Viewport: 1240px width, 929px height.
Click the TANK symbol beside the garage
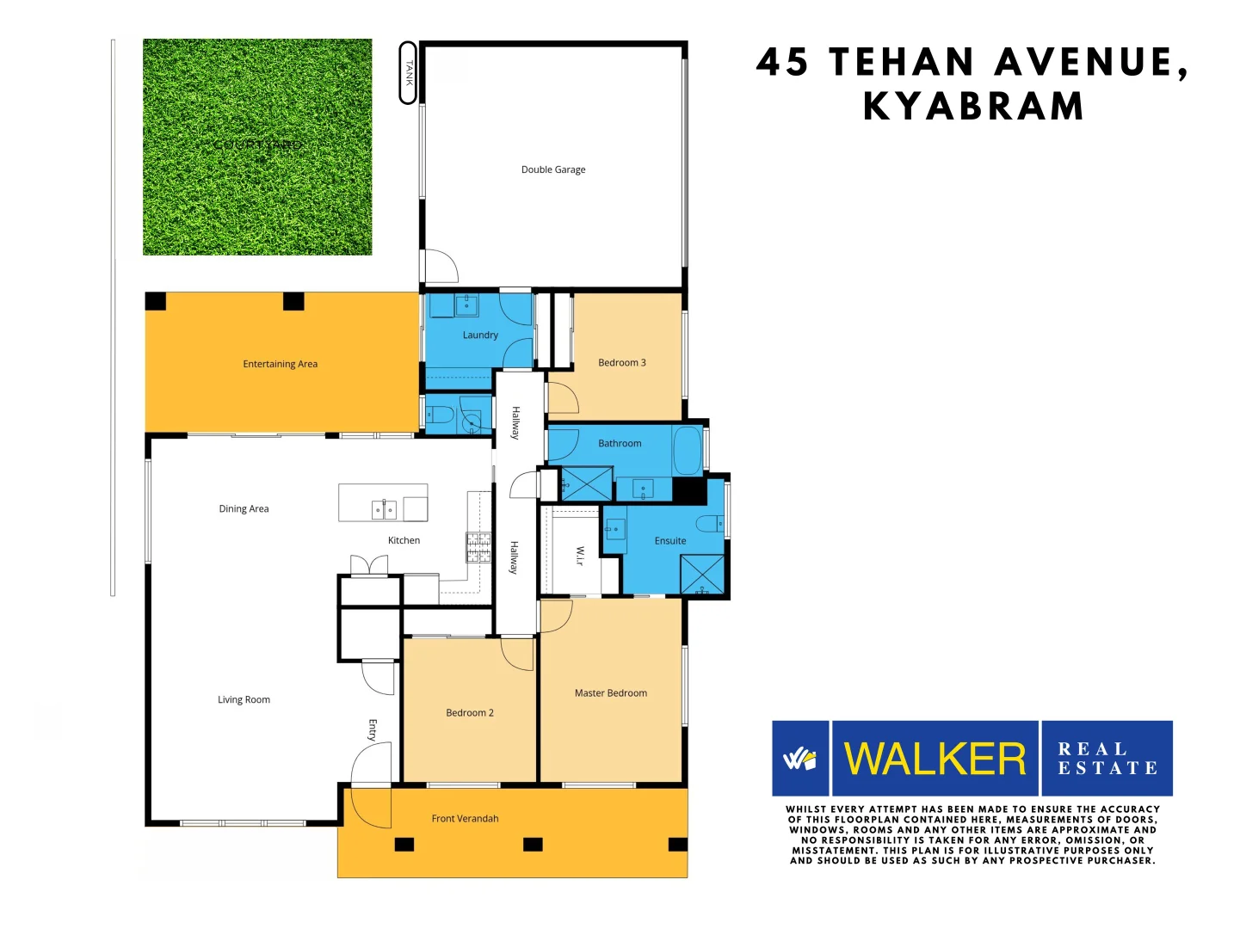[x=409, y=73]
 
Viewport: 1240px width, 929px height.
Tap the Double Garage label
[x=552, y=169]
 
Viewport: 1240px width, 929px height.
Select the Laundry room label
[x=480, y=335]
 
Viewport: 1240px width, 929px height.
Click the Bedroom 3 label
[x=621, y=363]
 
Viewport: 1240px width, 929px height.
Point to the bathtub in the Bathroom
[x=688, y=450]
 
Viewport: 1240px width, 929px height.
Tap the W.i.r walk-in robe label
[x=579, y=556]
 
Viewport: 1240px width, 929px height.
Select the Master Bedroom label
[x=610, y=693]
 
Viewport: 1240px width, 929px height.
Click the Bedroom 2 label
[x=470, y=713]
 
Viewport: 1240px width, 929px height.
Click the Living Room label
[x=244, y=700]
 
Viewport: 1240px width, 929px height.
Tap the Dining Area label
[x=244, y=509]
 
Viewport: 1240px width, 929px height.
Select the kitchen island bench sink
[x=384, y=510]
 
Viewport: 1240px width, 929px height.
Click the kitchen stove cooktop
[x=478, y=547]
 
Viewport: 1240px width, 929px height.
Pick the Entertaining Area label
[x=280, y=365]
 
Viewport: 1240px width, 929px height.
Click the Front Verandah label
[x=465, y=819]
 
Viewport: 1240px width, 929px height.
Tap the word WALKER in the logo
[x=935, y=760]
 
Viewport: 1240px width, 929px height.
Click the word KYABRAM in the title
[x=973, y=107]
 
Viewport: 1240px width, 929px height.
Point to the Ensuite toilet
[x=710, y=523]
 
